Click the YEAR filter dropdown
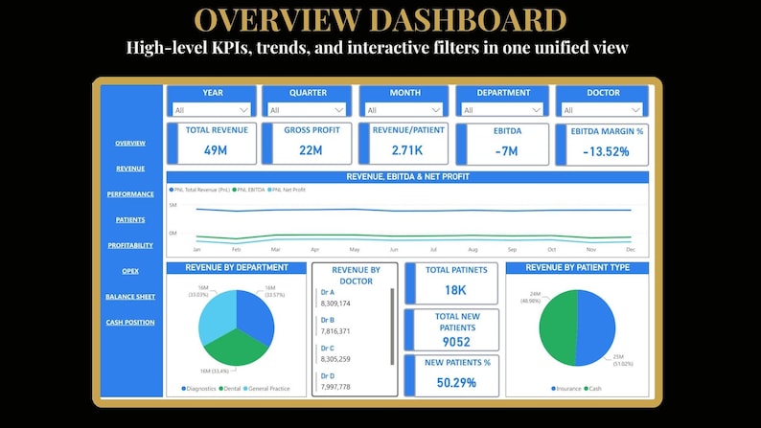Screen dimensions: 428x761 click(212, 110)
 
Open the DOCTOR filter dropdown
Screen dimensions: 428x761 click(602, 110)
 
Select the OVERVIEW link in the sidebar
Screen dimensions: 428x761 click(130, 143)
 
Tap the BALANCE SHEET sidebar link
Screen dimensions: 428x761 click(130, 297)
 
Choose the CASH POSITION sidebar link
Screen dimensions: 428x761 click(130, 322)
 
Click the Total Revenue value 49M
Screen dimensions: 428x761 click(215, 150)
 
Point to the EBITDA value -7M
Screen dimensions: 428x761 click(507, 151)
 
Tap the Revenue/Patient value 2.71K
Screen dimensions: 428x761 click(406, 150)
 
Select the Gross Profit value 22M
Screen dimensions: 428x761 click(310, 150)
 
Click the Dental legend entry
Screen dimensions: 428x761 click(233, 389)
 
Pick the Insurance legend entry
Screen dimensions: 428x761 click(568, 389)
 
